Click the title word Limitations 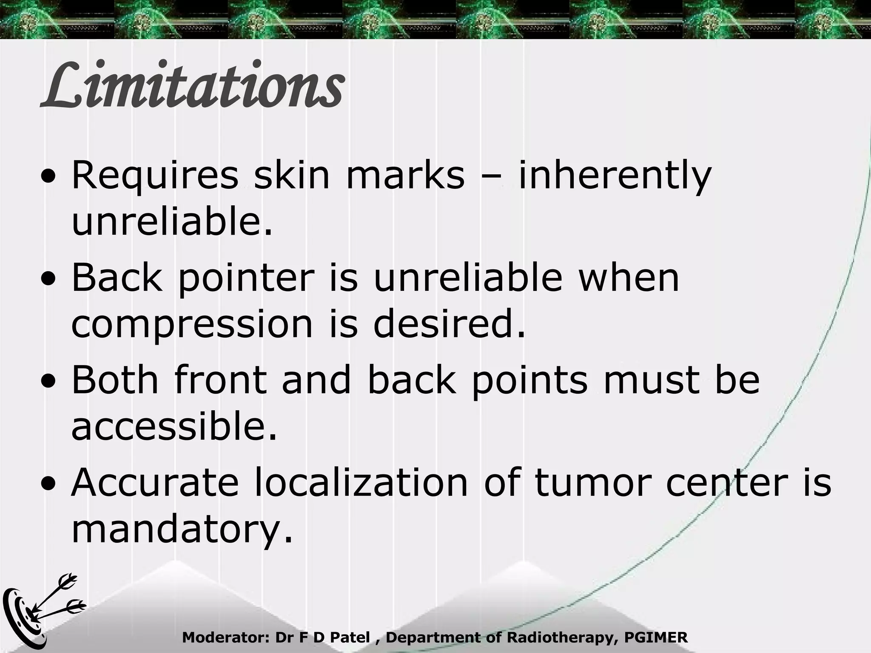[192, 85]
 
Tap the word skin [292, 176]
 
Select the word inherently [615, 176]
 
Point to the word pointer [246, 279]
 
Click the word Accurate [155, 483]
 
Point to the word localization [361, 483]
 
